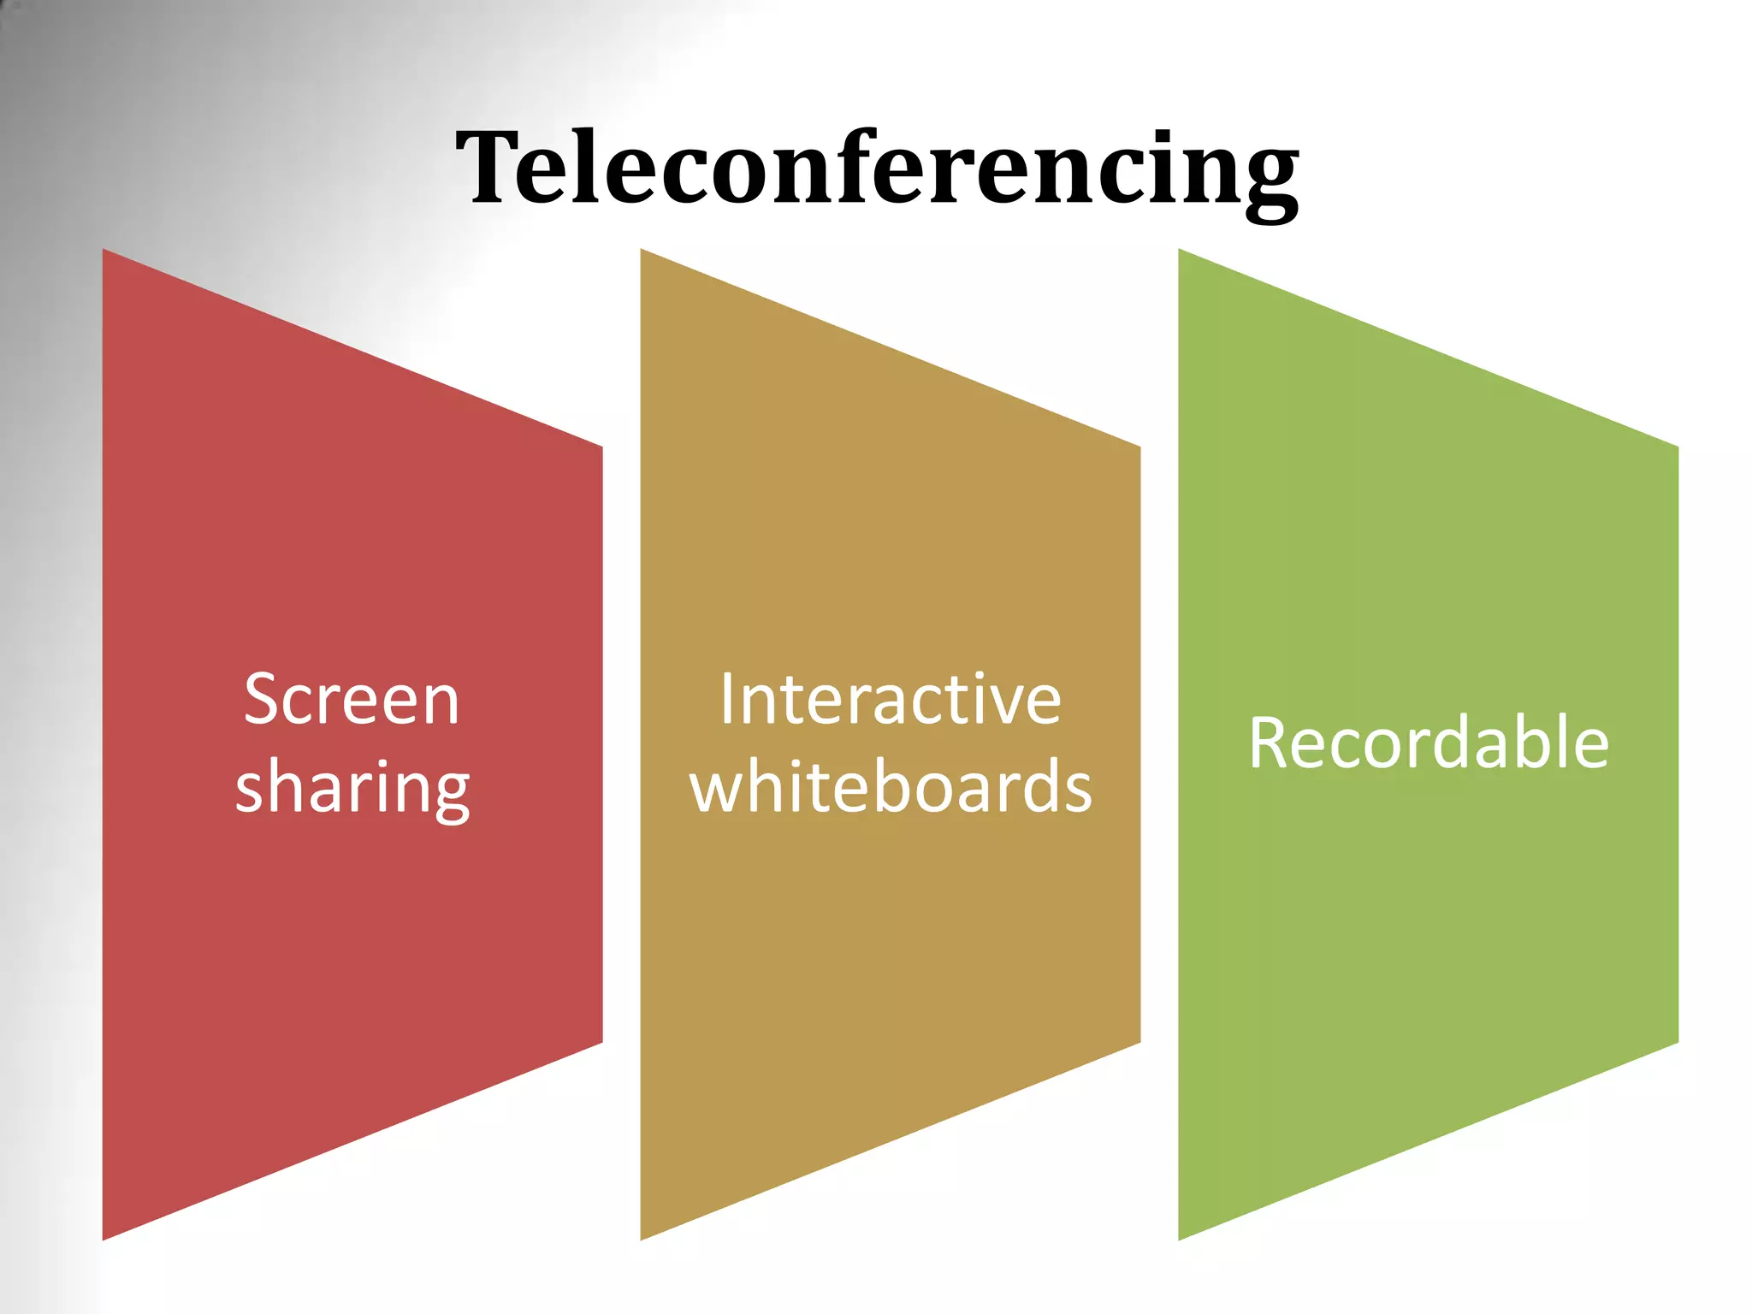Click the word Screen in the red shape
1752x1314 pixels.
point(352,700)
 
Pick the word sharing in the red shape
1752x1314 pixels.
point(352,788)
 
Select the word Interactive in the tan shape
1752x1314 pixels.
point(891,700)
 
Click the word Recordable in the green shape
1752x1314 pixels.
point(1429,743)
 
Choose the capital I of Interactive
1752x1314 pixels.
point(726,700)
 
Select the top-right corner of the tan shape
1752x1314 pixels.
point(1139,447)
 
